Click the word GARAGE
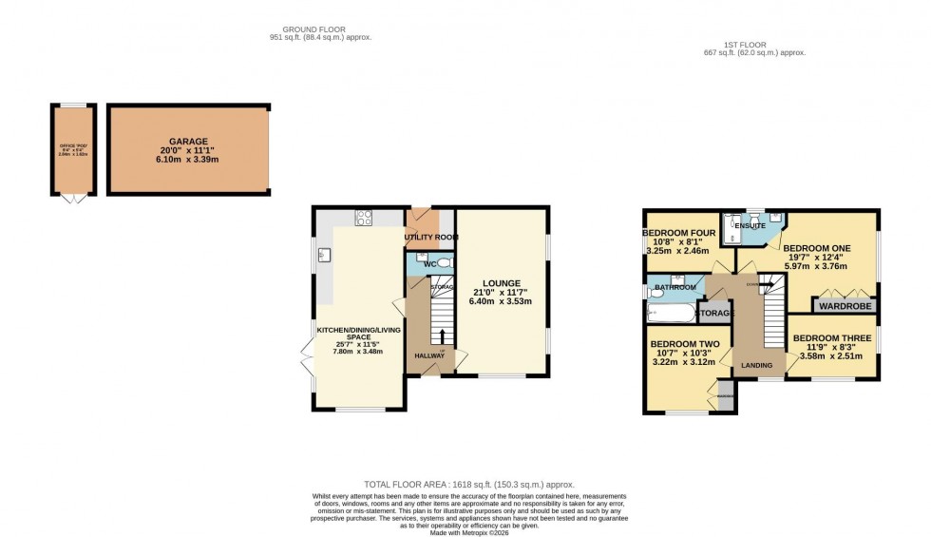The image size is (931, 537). click(x=188, y=142)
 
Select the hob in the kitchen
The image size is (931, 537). click(x=363, y=218)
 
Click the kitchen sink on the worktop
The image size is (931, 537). click(x=324, y=255)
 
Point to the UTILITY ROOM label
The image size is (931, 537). click(x=431, y=237)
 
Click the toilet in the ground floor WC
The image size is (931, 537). click(x=443, y=261)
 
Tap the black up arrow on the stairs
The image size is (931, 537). click(x=443, y=337)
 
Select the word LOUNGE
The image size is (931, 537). click(x=500, y=282)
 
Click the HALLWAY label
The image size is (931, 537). click(x=429, y=356)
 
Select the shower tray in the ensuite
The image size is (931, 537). click(x=732, y=229)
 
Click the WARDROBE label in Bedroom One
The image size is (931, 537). click(x=843, y=307)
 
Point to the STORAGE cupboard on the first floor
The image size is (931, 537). click(x=715, y=313)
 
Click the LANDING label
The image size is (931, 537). click(x=757, y=366)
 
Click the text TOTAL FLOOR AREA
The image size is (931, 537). click(x=413, y=485)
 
